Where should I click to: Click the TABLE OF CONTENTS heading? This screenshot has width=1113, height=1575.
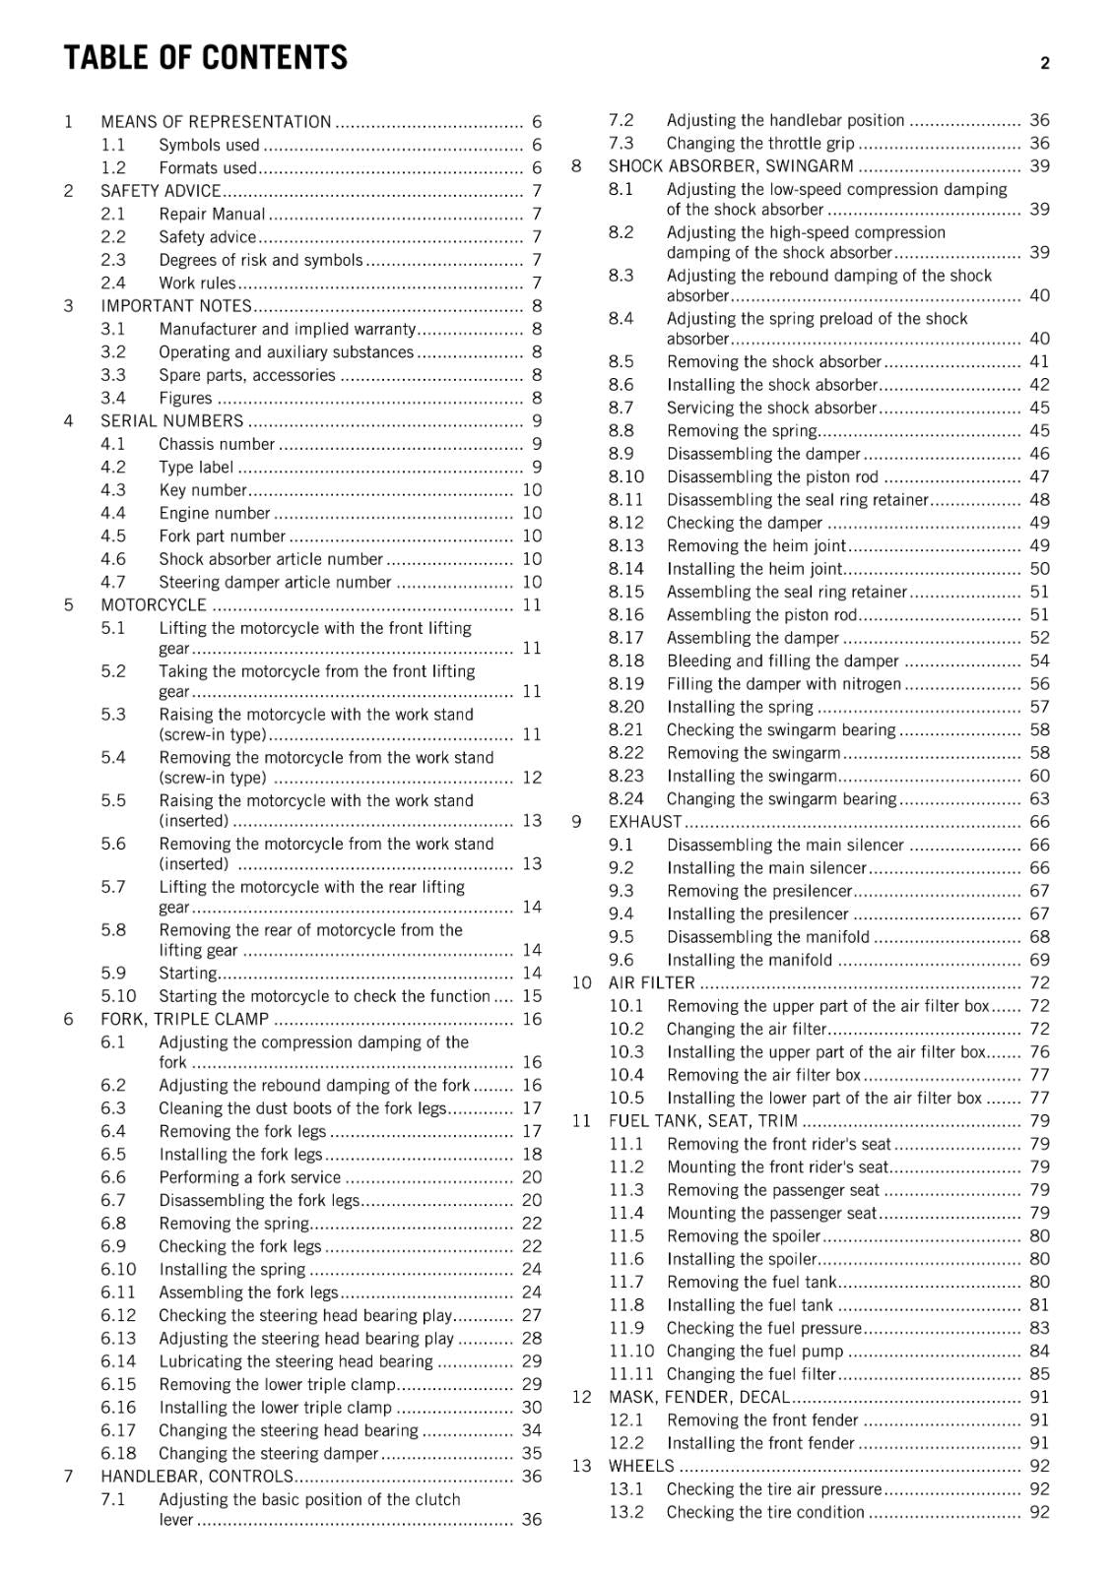[x=206, y=58]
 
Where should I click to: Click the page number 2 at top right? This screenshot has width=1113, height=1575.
[x=1045, y=63]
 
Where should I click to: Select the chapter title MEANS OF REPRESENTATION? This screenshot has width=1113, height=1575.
[x=216, y=122]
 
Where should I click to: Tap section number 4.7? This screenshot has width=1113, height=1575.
[x=113, y=582]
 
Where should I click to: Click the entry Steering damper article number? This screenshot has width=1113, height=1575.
[x=275, y=582]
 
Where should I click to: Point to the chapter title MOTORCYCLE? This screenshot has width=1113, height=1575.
[x=154, y=605]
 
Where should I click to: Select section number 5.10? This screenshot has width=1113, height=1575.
[x=118, y=996]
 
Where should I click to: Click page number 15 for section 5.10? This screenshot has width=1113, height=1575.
[x=532, y=996]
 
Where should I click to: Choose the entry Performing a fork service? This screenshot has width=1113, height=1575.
[x=249, y=1177]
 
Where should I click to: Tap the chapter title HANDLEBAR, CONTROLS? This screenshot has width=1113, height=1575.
[x=197, y=1477]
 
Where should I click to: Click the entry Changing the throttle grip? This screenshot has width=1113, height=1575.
[x=760, y=144]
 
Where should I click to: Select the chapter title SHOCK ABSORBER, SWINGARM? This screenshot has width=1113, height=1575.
[x=731, y=166]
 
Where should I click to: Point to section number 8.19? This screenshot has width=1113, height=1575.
[x=626, y=684]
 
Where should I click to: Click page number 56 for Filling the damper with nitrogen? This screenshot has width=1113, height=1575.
[x=1039, y=684]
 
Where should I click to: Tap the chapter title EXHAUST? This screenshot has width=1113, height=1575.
[x=645, y=822]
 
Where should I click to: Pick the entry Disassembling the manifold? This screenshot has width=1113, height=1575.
[x=768, y=937]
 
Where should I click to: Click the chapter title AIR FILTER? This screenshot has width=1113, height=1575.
[x=652, y=983]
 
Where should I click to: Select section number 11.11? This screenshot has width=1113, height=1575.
[x=630, y=1374]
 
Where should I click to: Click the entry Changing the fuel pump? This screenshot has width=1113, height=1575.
[x=754, y=1352]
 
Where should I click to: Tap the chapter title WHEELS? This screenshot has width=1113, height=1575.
[x=641, y=1467]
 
